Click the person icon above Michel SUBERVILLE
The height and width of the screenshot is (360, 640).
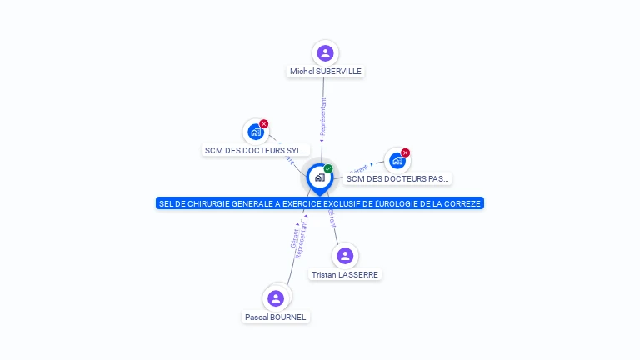click(325, 53)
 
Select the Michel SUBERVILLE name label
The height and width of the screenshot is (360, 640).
click(326, 72)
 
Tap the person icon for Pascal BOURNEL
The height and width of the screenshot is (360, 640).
click(276, 298)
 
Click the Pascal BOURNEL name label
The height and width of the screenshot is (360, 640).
click(276, 317)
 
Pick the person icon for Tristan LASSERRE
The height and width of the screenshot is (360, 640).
click(345, 256)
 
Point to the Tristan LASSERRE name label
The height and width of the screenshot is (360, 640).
click(345, 274)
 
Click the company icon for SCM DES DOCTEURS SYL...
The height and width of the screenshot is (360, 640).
click(255, 132)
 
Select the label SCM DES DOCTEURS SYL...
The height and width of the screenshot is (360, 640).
click(256, 151)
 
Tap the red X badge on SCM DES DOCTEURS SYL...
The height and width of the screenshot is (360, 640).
click(264, 124)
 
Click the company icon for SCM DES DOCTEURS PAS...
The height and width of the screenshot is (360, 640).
click(397, 160)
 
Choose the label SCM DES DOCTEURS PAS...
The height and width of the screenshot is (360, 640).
click(397, 178)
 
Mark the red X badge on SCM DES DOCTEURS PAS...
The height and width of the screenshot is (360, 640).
click(406, 152)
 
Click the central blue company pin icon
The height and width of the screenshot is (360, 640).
click(319, 177)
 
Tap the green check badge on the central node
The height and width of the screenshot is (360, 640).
click(328, 169)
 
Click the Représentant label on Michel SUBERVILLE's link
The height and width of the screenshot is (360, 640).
click(323, 117)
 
